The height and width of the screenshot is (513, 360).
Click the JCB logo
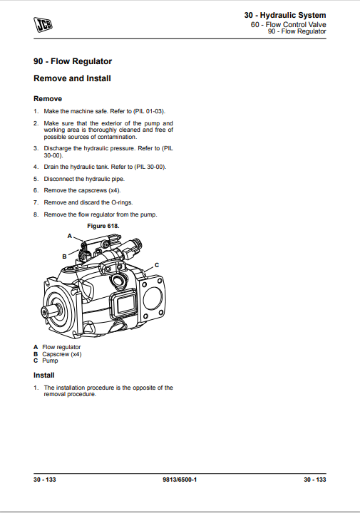point(43,25)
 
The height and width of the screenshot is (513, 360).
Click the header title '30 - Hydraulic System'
point(285,16)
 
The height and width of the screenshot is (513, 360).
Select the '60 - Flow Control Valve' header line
point(288,24)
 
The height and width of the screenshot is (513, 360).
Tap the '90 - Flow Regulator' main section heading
point(73,61)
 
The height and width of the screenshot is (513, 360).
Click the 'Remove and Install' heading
point(72,78)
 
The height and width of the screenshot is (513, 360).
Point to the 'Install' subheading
point(44,375)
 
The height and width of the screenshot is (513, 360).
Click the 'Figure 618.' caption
point(103,226)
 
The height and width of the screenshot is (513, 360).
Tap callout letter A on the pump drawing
point(69,236)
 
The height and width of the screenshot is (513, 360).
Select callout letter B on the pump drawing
point(64,256)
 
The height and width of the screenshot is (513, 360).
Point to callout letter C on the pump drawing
point(157,265)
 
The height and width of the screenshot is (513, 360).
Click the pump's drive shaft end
point(46,311)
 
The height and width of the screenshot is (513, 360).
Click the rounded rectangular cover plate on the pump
point(124,304)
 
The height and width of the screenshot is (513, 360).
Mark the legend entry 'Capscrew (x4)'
point(62,354)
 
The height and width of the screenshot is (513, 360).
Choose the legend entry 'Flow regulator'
point(61,347)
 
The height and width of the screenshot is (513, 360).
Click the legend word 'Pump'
point(50,361)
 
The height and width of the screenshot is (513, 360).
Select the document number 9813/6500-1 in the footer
point(180,480)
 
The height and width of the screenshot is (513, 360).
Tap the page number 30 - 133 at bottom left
point(44,480)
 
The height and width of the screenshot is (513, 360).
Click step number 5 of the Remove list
point(36,179)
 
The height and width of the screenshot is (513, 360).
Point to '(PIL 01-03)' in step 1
point(149,111)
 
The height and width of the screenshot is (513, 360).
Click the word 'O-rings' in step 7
point(122,202)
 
